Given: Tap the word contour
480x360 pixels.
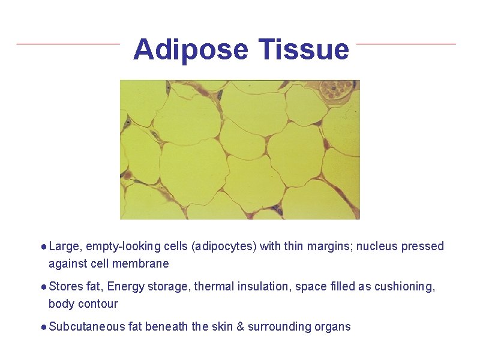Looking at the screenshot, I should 98,304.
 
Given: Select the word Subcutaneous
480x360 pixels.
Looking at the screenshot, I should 86,327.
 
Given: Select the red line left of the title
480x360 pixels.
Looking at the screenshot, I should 68,44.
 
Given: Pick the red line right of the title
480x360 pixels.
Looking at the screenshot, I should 406,44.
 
